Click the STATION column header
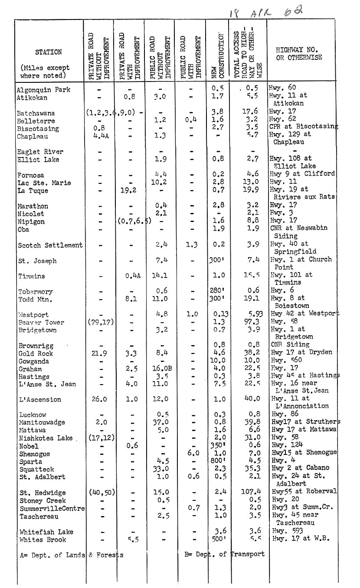point(49,52)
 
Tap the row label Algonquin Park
point(43,90)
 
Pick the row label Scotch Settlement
point(50,245)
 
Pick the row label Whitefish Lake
point(46,532)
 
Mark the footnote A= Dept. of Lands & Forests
point(72,555)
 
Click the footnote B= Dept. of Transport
point(224,554)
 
